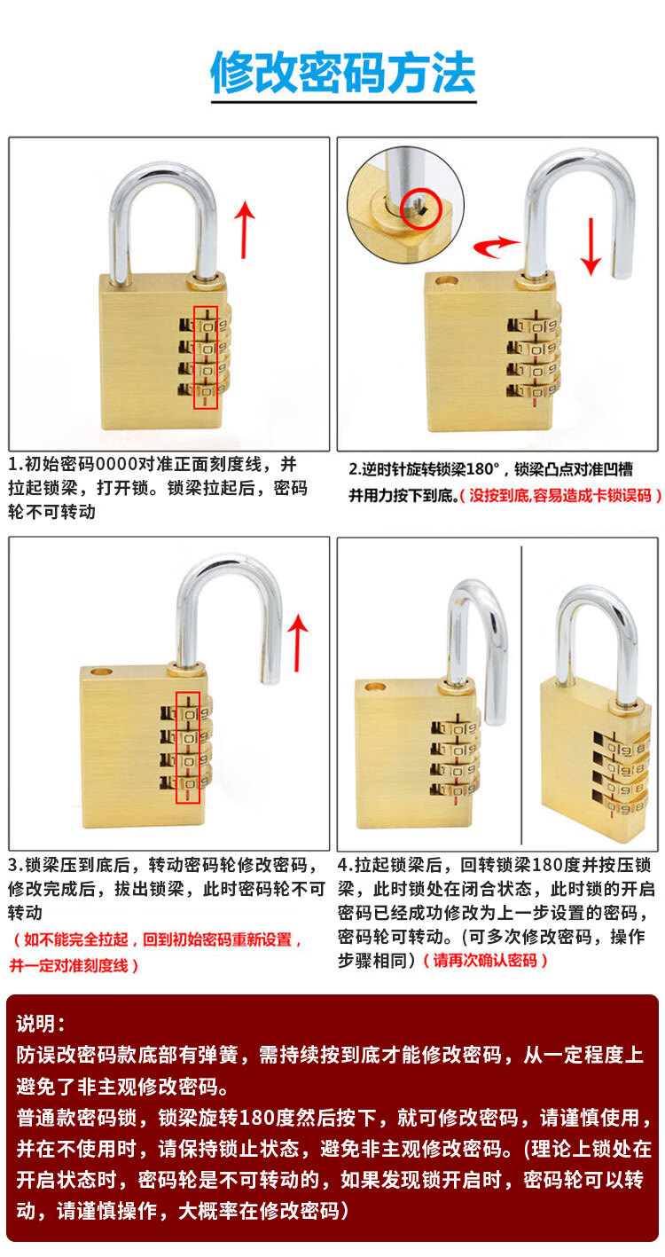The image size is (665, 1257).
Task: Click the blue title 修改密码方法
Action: coord(343,73)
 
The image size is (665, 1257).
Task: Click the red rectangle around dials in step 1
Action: coord(205,357)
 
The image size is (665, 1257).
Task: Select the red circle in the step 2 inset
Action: coord(423,208)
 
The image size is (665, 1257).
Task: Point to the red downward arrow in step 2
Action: coord(591,247)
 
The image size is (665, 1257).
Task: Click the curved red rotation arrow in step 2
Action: coord(497,247)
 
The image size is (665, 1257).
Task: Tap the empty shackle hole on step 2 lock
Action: coord(446,280)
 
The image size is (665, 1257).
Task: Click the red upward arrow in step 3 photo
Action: coord(298,642)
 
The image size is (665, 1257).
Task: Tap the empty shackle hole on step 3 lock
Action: coord(102,672)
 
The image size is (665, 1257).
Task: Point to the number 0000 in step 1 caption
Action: coord(117,464)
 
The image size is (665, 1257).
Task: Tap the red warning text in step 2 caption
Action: coord(560,496)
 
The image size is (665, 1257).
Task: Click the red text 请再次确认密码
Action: coord(485,960)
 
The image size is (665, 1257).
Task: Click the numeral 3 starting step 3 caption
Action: coord(13,865)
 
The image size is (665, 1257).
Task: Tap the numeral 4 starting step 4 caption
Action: coord(343,865)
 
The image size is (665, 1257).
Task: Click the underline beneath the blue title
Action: coord(344,102)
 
